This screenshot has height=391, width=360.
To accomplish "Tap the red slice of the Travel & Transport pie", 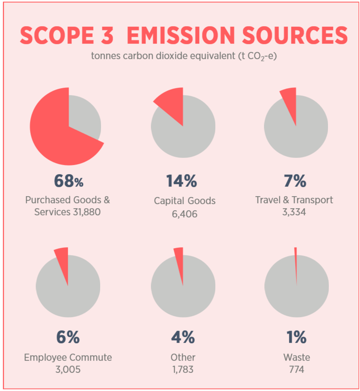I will pos(289,101).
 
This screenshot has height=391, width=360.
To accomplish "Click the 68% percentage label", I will pos(69,181).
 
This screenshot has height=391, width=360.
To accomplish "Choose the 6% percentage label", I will pos(68,337).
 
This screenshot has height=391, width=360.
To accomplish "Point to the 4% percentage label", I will pos(183,337).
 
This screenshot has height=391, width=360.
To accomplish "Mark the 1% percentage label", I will pos(297,337).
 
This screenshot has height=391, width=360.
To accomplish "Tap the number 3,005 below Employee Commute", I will pos(68,369).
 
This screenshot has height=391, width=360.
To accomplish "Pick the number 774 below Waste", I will pos(296,369).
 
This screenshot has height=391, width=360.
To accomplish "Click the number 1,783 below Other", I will pos(183,369).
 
